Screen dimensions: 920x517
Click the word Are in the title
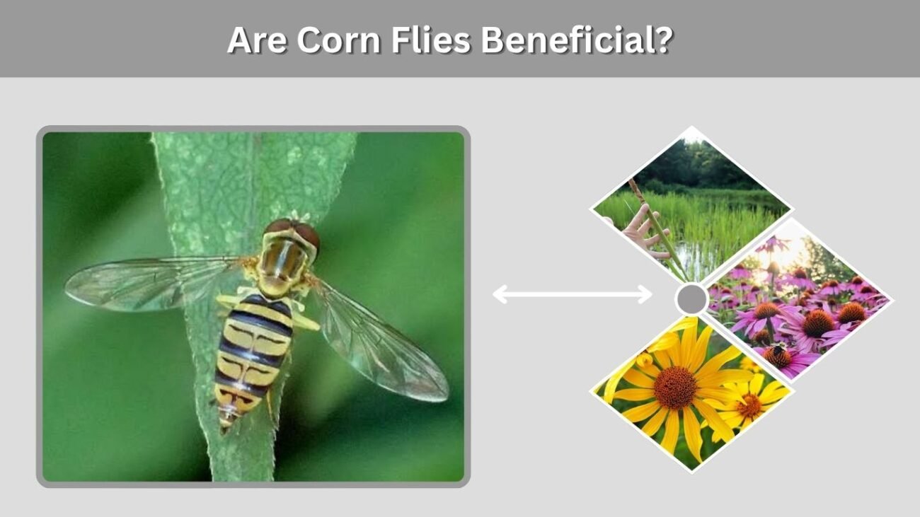[257, 40]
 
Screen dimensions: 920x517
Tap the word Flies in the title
[430, 40]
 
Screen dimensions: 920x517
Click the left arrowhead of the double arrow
[500, 294]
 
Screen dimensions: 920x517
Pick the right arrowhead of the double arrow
[644, 294]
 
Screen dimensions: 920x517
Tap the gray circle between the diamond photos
[691, 299]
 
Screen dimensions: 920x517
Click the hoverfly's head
[292, 234]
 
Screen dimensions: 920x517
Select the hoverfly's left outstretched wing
[152, 282]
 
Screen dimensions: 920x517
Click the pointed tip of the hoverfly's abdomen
[224, 431]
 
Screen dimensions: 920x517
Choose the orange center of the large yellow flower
[675, 388]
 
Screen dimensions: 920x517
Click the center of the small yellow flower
[749, 406]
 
